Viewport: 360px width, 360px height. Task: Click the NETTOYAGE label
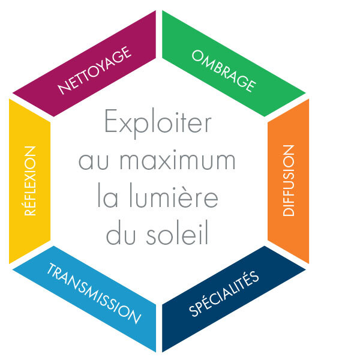coord(95,70)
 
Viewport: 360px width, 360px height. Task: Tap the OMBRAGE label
coord(224,71)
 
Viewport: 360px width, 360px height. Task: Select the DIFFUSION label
coord(289,181)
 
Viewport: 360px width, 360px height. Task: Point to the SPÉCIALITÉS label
coord(224,294)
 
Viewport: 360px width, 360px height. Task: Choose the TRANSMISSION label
coord(94,293)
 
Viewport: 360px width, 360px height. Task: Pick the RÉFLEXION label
coord(30,181)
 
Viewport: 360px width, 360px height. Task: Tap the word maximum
coord(178,160)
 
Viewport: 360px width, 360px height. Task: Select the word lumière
coord(174,196)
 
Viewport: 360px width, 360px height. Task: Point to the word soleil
coord(177,232)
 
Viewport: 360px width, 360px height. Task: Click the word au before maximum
coord(94,161)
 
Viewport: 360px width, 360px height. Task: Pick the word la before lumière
coord(108,196)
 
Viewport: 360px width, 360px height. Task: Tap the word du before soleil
coord(121,232)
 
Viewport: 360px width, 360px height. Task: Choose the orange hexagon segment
coord(289,181)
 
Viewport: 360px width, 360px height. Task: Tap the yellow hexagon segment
coord(30,181)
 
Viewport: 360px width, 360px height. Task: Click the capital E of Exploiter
coord(111,121)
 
